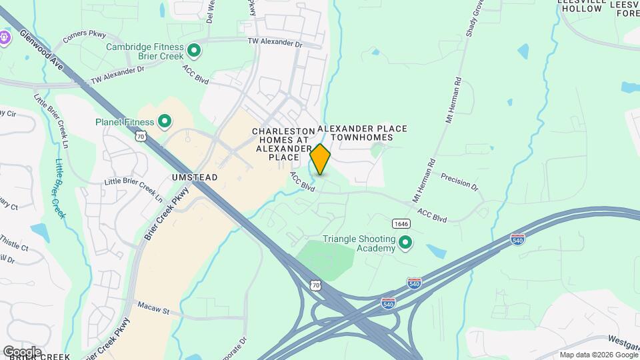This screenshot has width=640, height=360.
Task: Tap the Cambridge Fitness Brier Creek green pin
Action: [194, 50]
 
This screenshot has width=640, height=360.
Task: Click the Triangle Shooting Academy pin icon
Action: [405, 244]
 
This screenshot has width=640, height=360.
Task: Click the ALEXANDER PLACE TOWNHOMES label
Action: [362, 133]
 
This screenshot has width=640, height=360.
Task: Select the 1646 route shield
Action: [401, 223]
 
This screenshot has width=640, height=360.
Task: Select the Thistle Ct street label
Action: [14, 243]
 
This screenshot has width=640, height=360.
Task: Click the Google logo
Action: [22, 351]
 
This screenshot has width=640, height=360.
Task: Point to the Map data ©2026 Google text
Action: [598, 355]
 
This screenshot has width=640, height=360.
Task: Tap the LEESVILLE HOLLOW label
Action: [581, 6]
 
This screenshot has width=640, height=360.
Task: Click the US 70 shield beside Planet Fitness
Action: [140, 136]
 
